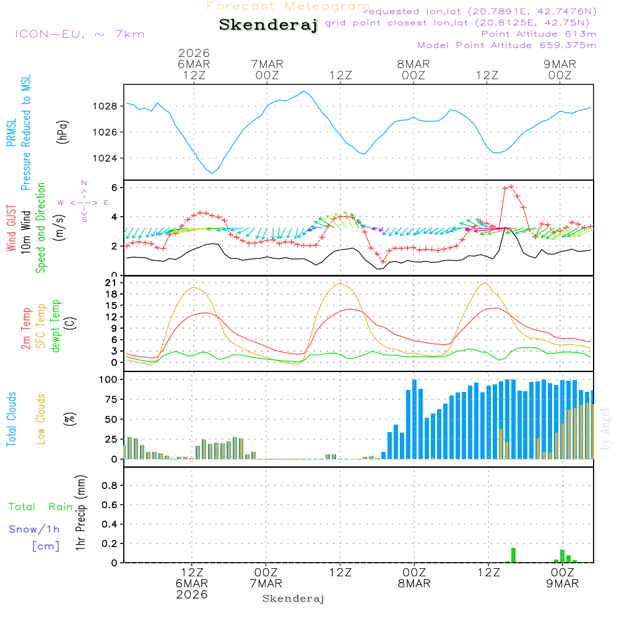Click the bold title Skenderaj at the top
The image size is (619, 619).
pos(268,25)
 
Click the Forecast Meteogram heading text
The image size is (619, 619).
pos(288,6)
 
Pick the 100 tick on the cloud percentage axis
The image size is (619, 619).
pos(109,379)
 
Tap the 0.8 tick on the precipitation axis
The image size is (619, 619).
pos(110,485)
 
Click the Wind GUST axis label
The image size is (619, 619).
pos(11,228)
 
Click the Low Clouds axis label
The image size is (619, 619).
pos(41,418)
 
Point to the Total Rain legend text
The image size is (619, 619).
pos(40,507)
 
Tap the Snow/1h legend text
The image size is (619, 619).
pos(35,530)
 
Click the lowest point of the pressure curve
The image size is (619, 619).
pos(212,173)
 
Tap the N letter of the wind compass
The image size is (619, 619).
pos(84,183)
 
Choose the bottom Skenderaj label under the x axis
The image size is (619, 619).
pos(293,599)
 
